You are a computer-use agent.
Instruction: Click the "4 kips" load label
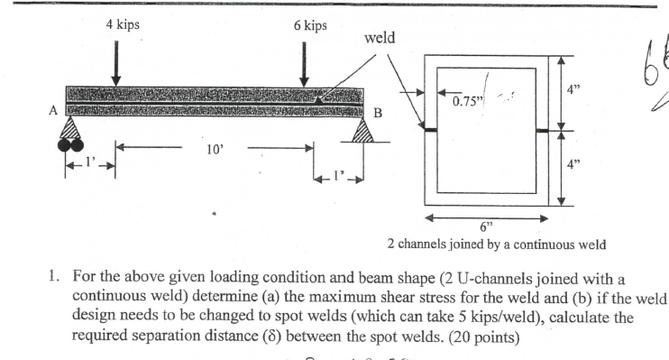[x=122, y=25]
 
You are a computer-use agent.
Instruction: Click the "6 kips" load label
[x=310, y=25]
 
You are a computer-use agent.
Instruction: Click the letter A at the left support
[x=53, y=112]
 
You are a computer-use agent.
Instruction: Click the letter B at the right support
[x=379, y=114]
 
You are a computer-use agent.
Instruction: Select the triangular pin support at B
[x=362, y=132]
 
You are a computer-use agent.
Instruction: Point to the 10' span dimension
[x=214, y=149]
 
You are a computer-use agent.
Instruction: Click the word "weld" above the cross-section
[x=379, y=39]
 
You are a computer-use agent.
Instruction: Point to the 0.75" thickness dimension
[x=467, y=101]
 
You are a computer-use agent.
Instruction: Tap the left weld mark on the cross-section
[x=430, y=131]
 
